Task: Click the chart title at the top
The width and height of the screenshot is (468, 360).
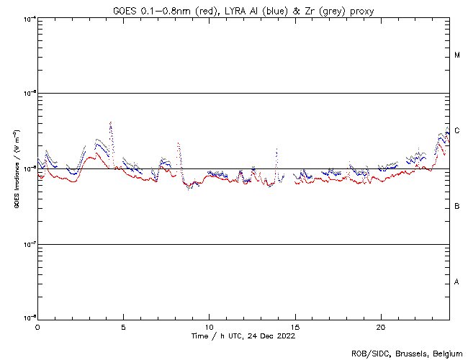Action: (x=243, y=9)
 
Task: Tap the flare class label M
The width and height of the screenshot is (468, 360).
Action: (x=457, y=55)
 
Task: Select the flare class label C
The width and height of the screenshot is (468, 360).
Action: (x=457, y=130)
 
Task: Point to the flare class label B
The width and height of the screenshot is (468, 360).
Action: (x=457, y=207)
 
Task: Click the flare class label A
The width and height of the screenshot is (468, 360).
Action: (x=457, y=282)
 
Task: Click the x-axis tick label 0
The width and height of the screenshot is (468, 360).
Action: (x=37, y=327)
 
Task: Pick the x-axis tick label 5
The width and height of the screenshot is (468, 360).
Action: (x=123, y=327)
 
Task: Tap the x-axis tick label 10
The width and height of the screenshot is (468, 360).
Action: (x=209, y=327)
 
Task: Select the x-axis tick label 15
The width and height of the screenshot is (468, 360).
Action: (x=294, y=327)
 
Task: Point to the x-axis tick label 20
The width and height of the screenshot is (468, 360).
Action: (x=380, y=327)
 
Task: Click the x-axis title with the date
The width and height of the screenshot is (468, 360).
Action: (x=243, y=336)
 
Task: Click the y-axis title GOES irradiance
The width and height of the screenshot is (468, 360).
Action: (x=16, y=168)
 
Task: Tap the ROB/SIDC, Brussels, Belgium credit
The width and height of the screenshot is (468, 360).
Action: (x=408, y=353)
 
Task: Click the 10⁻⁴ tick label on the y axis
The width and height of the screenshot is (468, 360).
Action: (x=27, y=19)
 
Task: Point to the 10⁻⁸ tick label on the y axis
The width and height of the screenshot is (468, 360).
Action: (x=27, y=318)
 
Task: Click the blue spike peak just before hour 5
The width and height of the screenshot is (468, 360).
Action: (x=111, y=123)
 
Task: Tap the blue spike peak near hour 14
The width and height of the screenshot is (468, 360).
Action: (x=276, y=150)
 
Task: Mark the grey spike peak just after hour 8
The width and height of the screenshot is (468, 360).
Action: (x=178, y=143)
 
